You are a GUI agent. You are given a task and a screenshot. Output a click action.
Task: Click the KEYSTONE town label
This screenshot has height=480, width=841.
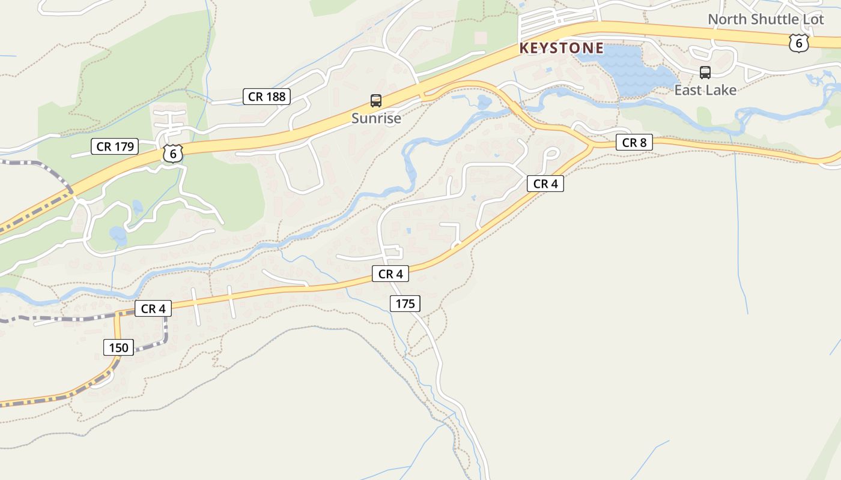561,48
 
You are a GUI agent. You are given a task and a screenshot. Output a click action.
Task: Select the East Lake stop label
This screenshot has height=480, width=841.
705,90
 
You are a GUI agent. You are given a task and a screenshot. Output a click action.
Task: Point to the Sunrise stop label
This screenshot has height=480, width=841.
376,118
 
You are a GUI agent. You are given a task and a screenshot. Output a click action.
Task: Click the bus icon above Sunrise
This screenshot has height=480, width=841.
376,101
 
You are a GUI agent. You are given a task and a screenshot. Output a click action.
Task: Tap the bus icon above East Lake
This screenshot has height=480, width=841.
705,73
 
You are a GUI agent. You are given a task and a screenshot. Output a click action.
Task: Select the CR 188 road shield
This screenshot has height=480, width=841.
267,97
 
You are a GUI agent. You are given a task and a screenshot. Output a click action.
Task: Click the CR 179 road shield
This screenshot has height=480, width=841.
115,146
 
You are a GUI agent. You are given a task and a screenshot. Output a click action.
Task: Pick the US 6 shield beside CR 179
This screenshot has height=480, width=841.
172,154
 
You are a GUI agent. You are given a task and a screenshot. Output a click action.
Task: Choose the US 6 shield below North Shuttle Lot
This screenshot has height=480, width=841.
798,43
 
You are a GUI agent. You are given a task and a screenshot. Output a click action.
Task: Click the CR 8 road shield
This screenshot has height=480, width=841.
634,143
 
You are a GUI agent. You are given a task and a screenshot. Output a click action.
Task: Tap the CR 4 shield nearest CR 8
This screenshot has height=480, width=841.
545,184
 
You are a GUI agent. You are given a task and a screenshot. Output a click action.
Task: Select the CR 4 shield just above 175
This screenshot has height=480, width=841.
390,274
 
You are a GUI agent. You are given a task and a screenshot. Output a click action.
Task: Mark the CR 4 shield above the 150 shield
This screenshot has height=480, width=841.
153,309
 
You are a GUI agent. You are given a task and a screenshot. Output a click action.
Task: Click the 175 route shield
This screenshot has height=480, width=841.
405,304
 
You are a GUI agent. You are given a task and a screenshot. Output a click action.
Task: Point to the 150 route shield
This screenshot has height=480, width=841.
119,347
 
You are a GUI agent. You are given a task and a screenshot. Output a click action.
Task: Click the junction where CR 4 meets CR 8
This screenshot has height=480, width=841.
592,146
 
